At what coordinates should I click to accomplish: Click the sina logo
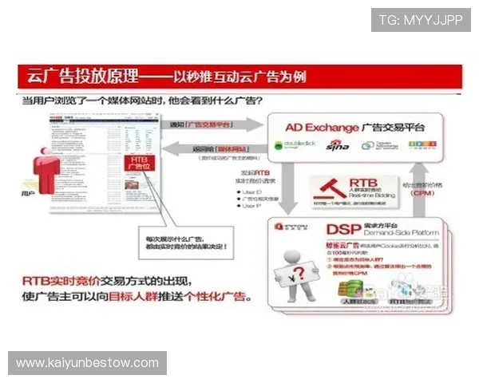pos(337,145)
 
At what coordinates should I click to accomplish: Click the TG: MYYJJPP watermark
pos(421,20)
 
